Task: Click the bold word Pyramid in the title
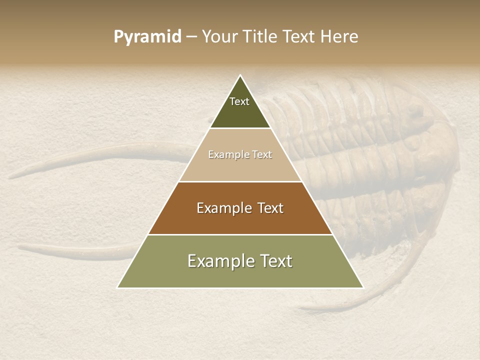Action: tap(147, 37)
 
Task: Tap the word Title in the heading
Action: tap(260, 37)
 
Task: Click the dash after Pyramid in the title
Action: tap(191, 37)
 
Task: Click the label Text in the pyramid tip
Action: tap(239, 101)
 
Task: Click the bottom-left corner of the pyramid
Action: tap(117, 288)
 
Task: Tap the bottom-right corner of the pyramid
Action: tap(363, 288)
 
